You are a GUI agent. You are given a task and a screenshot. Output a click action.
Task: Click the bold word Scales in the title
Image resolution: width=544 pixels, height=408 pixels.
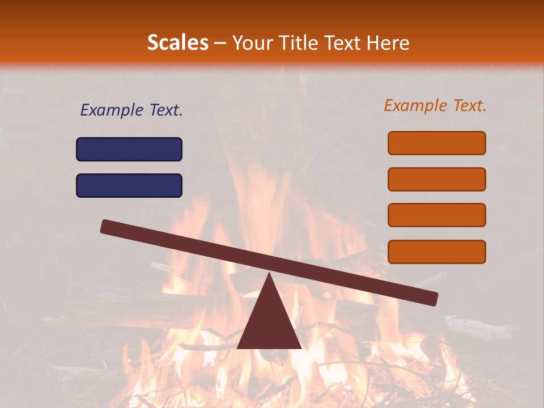(x=177, y=42)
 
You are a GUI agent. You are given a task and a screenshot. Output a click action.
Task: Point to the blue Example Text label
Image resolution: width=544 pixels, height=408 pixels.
(x=131, y=110)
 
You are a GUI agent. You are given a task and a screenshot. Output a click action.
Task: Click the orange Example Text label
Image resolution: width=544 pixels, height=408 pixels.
(x=435, y=105)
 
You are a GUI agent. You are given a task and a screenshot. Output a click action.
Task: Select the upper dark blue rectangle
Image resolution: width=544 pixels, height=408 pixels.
(x=129, y=149)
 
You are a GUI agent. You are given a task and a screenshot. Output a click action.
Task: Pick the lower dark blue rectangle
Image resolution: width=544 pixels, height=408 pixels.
(x=129, y=185)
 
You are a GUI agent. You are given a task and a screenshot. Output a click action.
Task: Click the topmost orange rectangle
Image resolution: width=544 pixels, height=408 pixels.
(x=436, y=143)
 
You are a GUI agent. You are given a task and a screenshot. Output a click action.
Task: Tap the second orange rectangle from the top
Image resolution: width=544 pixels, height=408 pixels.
(x=436, y=179)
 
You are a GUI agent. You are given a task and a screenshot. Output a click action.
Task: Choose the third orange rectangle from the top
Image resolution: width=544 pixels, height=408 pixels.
(x=436, y=215)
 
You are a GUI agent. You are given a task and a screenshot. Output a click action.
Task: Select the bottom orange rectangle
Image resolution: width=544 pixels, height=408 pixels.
(x=436, y=252)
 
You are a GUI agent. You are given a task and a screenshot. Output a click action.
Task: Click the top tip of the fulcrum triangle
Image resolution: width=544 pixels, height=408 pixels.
(x=269, y=275)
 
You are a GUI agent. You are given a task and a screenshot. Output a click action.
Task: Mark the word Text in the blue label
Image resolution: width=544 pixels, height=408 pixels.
(x=166, y=110)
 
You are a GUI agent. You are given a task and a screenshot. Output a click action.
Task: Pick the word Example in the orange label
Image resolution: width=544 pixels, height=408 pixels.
(x=415, y=105)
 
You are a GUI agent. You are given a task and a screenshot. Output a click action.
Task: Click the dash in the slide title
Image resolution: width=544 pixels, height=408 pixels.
(x=220, y=43)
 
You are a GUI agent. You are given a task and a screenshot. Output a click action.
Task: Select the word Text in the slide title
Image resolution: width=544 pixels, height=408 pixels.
(x=343, y=42)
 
